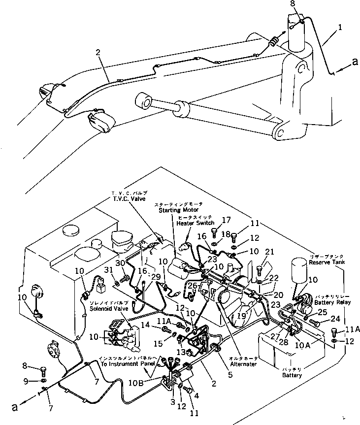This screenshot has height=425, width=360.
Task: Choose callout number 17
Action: (227, 220)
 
